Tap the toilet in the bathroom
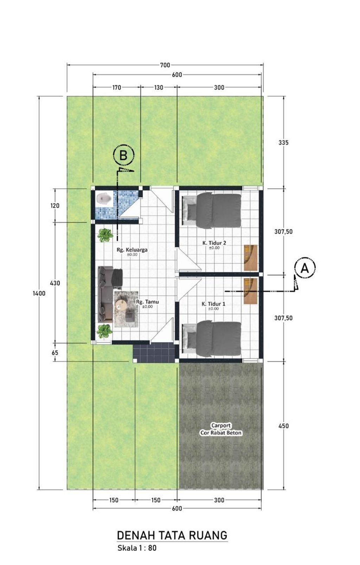pos(104,199)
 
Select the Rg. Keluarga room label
pos(132,250)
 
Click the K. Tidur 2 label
pos(214,243)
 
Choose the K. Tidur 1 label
pos(213,304)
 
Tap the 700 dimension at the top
pos(165,65)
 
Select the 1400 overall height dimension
pos(39,293)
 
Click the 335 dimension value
pos(283,143)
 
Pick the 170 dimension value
pos(116,87)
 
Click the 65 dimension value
pos(55,352)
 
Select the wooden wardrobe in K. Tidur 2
pos(251,258)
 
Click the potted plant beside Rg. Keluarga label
pos(105,235)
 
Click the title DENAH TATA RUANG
pos(172,535)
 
